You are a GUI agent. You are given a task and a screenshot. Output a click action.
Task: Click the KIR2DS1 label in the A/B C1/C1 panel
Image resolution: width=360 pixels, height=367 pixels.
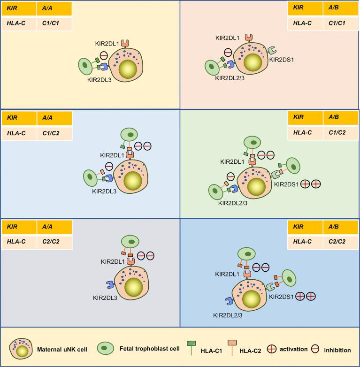click(x=282, y=60)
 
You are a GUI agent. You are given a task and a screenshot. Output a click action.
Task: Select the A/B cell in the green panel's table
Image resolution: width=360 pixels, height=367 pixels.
click(x=338, y=119)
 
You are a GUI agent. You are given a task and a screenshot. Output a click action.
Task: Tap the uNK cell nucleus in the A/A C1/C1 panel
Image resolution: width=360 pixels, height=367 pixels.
click(x=127, y=69)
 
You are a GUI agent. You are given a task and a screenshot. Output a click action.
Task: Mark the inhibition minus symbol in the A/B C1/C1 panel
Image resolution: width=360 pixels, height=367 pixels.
click(x=227, y=52)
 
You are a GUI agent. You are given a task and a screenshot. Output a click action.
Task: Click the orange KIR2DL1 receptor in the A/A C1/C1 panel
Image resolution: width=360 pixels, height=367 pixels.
click(x=125, y=43)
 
